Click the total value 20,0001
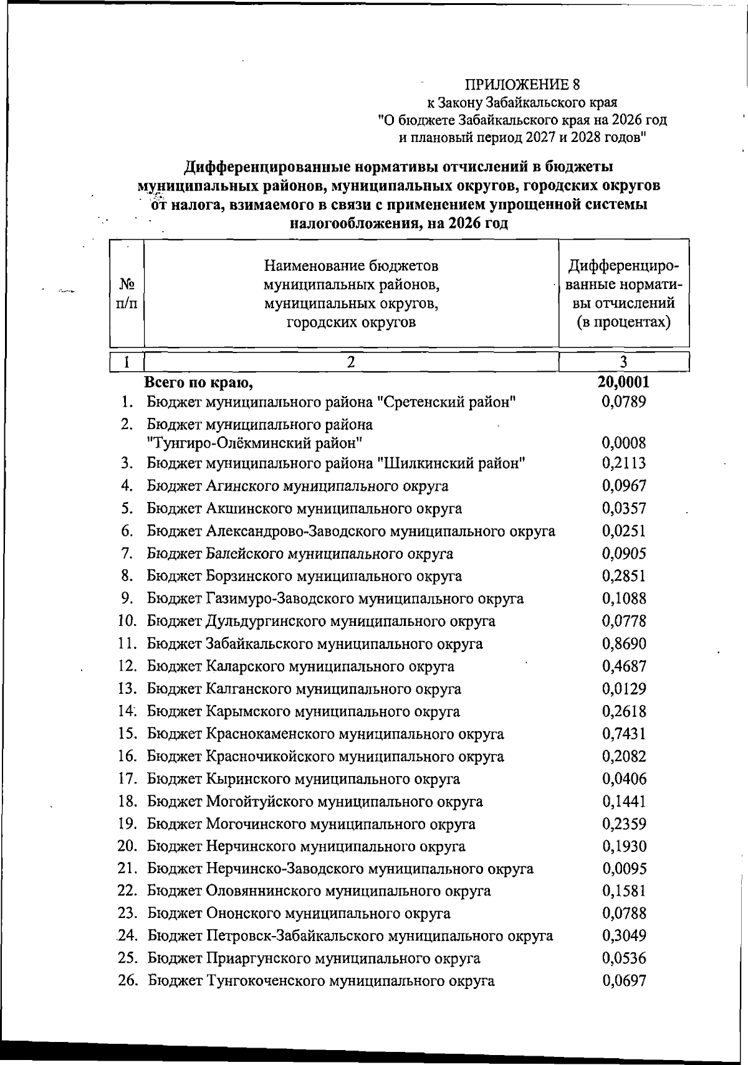tap(623, 381)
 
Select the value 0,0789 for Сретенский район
tap(624, 402)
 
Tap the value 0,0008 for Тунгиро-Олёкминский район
tap(624, 443)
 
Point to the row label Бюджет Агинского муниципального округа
tap(297, 486)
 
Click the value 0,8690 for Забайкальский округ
tap(624, 643)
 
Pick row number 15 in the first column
tap(127, 734)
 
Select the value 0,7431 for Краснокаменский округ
tap(624, 734)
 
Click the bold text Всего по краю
tap(199, 381)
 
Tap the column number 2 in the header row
tap(351, 362)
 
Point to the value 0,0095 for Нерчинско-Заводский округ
tap(624, 869)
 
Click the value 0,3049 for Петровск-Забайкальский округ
tap(624, 936)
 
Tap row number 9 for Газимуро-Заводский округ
tap(127, 599)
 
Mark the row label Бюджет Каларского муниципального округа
tap(300, 666)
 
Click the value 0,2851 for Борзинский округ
tap(624, 576)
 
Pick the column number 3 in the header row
tap(624, 362)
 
